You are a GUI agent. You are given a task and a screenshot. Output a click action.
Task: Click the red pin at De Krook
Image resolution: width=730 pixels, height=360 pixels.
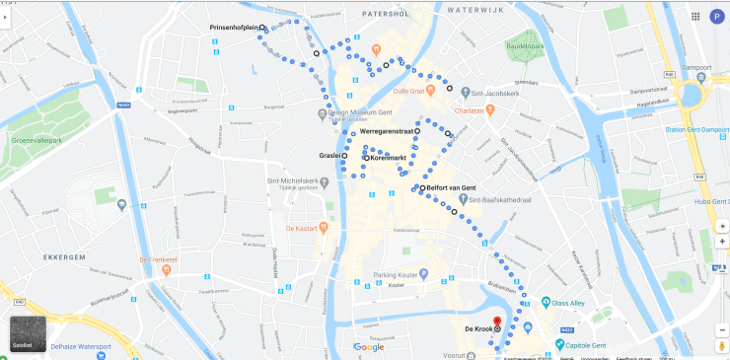(497, 322)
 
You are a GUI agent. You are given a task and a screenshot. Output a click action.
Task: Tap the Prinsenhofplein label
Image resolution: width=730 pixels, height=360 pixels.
(234, 28)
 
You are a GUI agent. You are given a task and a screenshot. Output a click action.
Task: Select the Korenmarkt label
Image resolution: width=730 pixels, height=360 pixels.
(386, 158)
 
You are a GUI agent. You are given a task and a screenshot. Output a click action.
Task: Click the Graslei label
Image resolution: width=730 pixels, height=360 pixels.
(329, 155)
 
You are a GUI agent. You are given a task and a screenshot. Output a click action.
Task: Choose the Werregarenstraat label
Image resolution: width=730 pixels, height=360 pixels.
(386, 131)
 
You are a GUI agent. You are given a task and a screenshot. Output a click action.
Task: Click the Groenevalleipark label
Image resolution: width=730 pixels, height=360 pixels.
(37, 140)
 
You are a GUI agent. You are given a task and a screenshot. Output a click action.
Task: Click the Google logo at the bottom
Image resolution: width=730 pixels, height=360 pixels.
(369, 347)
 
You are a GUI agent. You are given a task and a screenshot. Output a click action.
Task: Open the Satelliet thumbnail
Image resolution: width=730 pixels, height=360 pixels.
(28, 333)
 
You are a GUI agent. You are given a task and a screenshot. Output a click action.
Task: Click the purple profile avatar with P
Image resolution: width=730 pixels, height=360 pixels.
(716, 16)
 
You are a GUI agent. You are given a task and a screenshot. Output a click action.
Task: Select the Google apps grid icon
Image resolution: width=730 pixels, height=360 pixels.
(695, 16)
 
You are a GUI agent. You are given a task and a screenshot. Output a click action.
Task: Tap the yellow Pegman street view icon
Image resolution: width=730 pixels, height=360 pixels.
(722, 345)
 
